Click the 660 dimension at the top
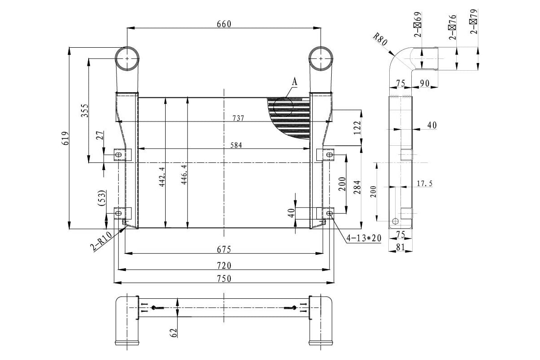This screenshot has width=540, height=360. [224, 24]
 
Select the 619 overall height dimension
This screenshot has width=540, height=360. [66, 138]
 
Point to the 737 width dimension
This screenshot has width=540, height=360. [238, 118]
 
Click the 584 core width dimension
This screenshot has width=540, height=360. [236, 145]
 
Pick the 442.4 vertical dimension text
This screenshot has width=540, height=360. [162, 176]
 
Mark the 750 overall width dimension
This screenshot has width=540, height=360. [224, 279]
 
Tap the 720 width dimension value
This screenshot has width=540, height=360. [224, 265]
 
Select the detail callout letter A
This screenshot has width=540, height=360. [295, 82]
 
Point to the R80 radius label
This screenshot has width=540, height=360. [381, 41]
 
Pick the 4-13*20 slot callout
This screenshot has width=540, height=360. [364, 237]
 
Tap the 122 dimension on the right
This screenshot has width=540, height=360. [358, 128]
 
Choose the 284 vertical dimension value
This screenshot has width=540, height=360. [358, 187]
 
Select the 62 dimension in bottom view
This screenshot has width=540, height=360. [174, 332]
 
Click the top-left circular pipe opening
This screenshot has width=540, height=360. [127, 58]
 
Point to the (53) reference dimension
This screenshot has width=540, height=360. [102, 198]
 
